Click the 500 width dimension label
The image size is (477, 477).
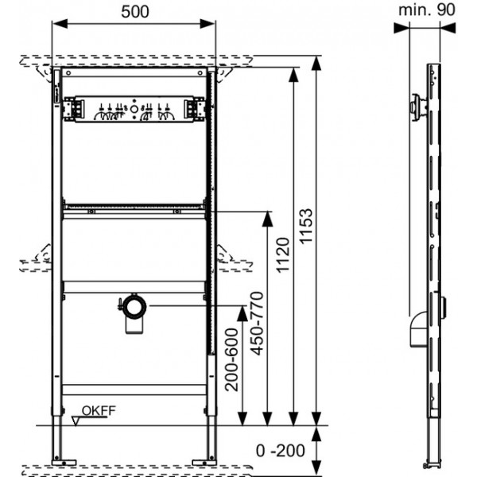(x=135, y=12)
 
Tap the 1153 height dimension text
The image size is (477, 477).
(x=306, y=226)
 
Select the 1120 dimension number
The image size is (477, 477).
(x=282, y=255)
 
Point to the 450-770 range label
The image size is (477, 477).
(x=257, y=324)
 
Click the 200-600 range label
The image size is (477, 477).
(x=231, y=359)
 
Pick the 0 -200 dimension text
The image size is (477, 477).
(x=281, y=451)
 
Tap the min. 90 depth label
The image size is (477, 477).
(x=427, y=10)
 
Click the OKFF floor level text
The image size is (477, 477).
(x=99, y=411)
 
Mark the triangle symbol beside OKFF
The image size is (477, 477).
(x=76, y=421)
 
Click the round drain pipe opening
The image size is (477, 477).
(x=134, y=306)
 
